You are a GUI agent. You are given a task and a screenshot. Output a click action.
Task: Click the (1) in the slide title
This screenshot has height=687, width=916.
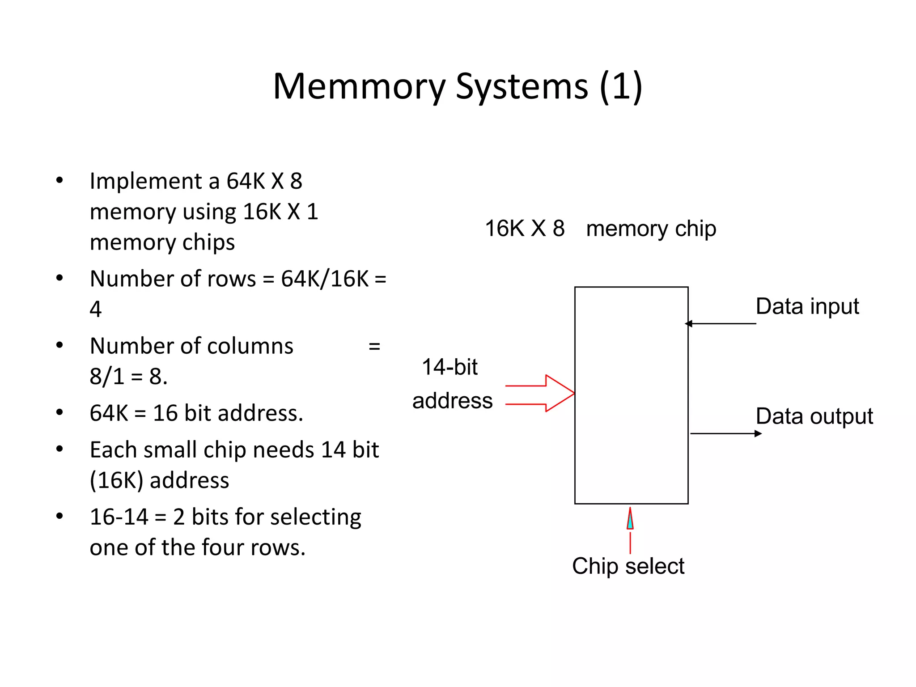[x=621, y=86]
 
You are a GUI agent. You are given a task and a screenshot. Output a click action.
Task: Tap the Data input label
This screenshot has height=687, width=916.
[x=807, y=307]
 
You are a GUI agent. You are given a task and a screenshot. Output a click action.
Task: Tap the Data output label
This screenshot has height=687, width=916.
[x=814, y=416]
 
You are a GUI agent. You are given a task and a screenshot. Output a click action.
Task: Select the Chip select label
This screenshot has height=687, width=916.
[x=628, y=566]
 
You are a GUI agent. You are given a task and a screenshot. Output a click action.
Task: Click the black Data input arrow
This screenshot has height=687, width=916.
[x=720, y=323]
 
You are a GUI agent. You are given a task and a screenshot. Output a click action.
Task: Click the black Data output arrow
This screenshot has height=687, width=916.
[x=725, y=433]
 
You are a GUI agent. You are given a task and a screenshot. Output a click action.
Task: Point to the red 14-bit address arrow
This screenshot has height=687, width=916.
[x=541, y=394]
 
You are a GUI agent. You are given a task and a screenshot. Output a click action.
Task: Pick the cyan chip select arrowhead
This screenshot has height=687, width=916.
[x=630, y=521]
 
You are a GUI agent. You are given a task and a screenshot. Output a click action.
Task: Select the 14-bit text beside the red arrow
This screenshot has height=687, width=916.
[x=450, y=367]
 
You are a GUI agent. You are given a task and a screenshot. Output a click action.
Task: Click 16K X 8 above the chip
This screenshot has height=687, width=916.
[x=525, y=229]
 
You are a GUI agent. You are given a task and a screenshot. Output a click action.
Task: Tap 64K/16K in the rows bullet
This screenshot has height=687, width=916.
[x=325, y=279]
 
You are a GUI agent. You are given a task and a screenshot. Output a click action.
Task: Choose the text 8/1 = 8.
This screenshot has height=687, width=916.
[x=128, y=377]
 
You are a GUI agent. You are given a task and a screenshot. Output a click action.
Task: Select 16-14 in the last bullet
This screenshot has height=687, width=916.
[x=119, y=517]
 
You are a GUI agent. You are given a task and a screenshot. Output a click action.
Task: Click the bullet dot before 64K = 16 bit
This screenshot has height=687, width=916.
[x=59, y=412]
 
